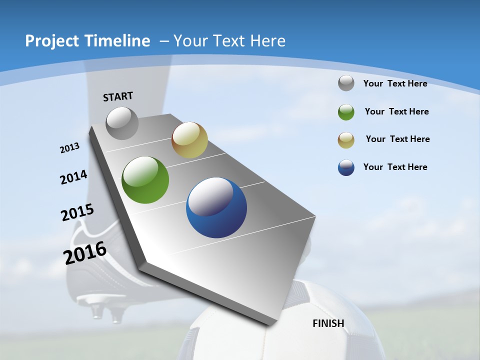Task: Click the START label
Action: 118,96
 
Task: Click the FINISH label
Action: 328,323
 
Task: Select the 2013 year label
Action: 69,148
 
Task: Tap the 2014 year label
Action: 73,177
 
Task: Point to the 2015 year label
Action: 77,212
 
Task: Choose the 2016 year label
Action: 85,253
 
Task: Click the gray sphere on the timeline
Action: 122,123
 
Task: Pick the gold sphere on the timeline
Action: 189,140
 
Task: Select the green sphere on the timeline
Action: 145,180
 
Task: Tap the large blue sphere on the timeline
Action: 216,207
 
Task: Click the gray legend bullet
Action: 346,83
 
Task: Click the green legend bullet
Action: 346,112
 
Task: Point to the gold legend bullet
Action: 346,140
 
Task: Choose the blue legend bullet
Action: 346,167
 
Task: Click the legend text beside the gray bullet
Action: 395,83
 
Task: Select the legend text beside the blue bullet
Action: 395,167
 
